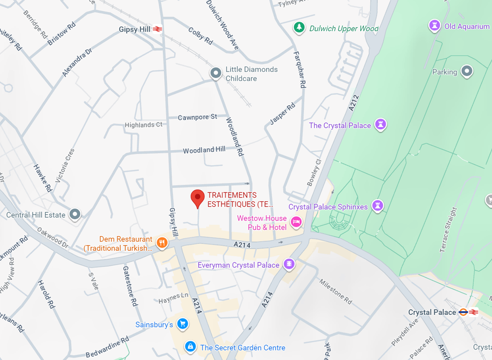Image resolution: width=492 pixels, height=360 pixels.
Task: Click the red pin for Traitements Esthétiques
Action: click(197, 197)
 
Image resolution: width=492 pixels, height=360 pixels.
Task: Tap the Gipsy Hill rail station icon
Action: click(157, 29)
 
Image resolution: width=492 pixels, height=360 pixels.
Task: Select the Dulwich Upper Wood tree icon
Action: click(299, 27)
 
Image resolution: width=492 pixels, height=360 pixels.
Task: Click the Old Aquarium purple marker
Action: click(434, 25)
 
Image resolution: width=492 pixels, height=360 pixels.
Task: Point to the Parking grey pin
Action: click(467, 71)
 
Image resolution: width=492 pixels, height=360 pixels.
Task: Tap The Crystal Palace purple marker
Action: click(381, 124)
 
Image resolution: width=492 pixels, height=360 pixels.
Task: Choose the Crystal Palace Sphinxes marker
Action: click(378, 205)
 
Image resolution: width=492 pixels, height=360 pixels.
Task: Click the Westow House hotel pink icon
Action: click(296, 222)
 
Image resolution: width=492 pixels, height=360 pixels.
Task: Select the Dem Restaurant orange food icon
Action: click(162, 242)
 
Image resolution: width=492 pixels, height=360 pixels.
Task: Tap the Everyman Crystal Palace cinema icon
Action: click(289, 264)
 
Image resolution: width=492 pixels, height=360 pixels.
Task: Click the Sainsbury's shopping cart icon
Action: click(182, 324)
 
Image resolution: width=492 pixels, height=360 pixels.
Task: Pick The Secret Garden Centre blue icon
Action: click(190, 346)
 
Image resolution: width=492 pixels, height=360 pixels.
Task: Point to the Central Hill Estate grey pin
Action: click(75, 214)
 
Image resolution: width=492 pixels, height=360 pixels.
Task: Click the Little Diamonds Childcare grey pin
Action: click(216, 73)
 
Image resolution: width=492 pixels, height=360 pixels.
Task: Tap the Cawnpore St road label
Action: click(197, 117)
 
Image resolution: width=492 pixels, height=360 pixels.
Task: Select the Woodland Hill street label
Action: click(204, 150)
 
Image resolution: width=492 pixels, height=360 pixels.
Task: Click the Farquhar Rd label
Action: click(300, 69)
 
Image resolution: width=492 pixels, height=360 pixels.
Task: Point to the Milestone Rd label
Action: click(336, 291)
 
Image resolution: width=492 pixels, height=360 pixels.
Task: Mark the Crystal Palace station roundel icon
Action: click(463, 312)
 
